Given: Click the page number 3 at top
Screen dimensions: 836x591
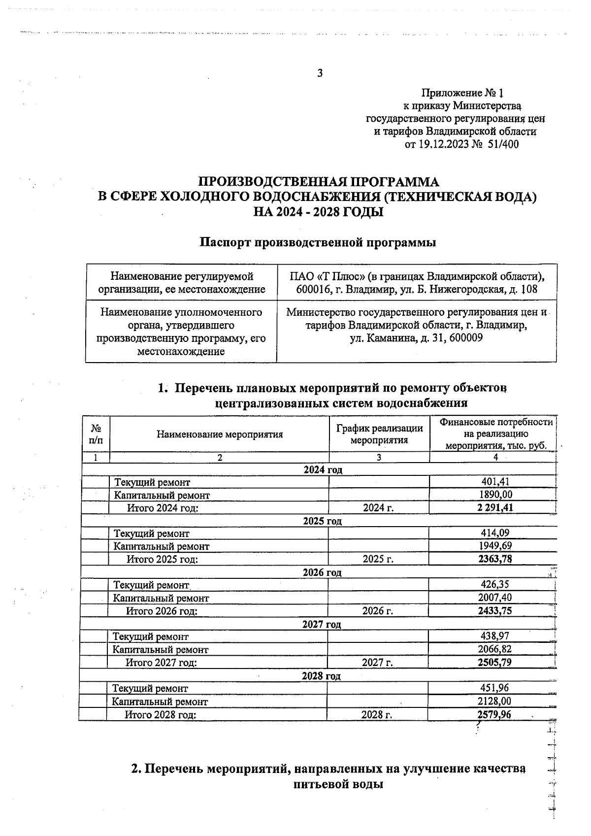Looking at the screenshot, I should point(320,73).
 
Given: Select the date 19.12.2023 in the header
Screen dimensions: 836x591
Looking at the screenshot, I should point(442,144).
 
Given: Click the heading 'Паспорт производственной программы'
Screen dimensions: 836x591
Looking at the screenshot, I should point(318,242).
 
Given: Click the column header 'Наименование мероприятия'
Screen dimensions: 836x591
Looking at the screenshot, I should point(220,434).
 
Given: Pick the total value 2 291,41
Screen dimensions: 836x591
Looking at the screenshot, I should point(495,507).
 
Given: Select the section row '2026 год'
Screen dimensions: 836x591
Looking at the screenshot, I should point(322,572).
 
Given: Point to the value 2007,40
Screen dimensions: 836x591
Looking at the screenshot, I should point(495,598).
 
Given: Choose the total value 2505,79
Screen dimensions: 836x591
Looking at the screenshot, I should point(494,662).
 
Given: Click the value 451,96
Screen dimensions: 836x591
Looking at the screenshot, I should point(494,688).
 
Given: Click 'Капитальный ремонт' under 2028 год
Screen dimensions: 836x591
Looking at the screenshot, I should point(160,701).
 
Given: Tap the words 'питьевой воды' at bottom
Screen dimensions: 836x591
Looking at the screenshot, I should point(338,784).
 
